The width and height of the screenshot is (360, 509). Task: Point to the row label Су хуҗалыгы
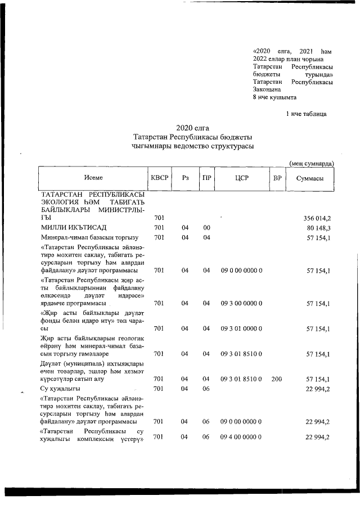[60, 389]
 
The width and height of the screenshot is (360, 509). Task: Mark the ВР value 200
[276, 379]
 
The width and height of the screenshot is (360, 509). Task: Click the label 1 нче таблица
[306, 114]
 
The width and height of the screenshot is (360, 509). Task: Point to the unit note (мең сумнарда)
[312, 163]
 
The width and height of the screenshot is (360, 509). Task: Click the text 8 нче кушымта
[274, 97]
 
